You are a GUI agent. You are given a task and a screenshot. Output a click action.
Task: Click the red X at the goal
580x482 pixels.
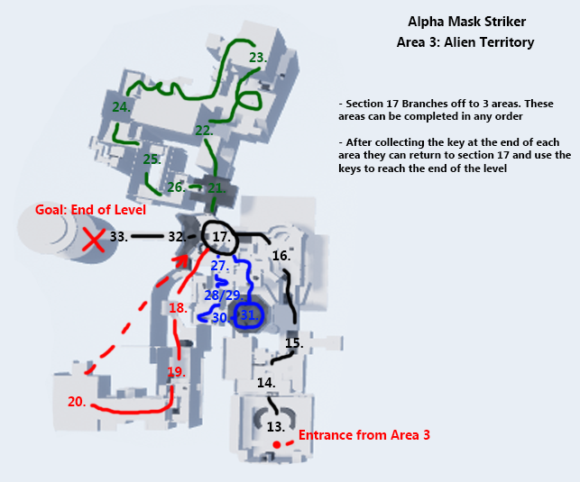click(x=93, y=240)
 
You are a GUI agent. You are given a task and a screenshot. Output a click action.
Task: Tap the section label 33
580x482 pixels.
click(x=118, y=237)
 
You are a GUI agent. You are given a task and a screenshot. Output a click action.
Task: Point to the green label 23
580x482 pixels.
click(x=258, y=58)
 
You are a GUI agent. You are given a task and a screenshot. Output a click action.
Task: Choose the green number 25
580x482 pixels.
click(x=152, y=159)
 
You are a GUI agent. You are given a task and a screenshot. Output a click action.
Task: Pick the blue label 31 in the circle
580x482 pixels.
click(x=248, y=314)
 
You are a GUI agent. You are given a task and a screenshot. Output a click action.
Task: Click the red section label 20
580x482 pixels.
click(x=78, y=402)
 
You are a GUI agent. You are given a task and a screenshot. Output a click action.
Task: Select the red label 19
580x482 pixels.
click(x=176, y=371)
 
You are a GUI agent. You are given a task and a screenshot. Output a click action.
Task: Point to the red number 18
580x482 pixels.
click(x=178, y=308)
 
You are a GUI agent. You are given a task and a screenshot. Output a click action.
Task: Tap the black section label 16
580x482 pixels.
click(x=281, y=256)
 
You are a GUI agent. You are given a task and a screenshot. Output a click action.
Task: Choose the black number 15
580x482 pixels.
click(x=293, y=343)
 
